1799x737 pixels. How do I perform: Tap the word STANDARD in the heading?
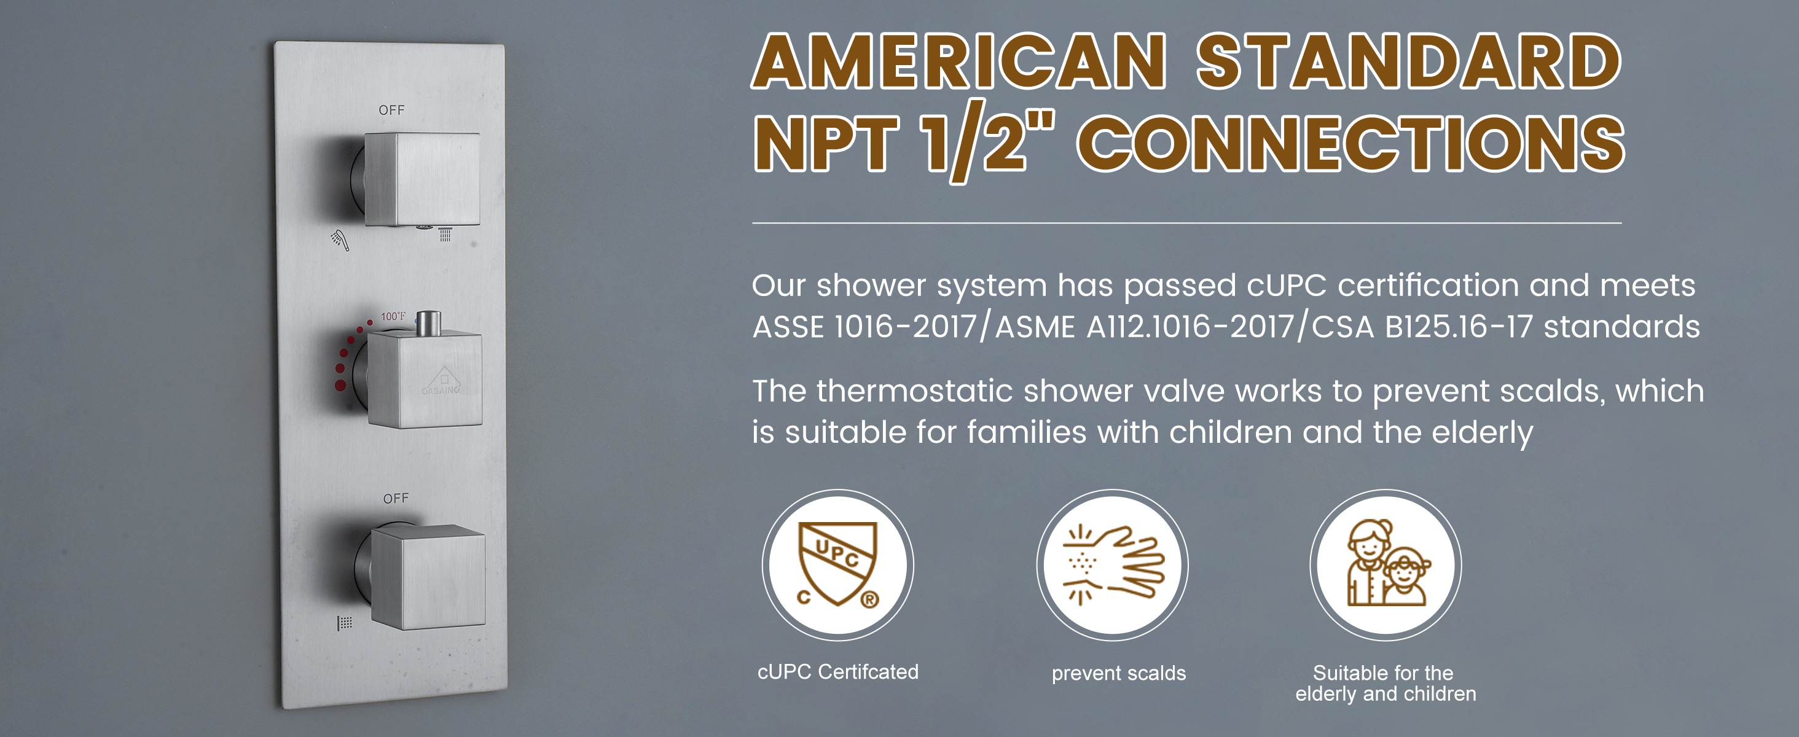[1409, 61]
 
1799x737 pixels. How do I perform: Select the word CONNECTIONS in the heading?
[1350, 142]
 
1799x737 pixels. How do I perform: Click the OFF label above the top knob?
[391, 111]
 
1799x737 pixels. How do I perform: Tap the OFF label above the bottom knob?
[395, 498]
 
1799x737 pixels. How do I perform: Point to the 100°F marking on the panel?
[393, 317]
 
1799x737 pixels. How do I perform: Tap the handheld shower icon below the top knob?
[339, 240]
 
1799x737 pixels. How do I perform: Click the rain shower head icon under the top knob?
[445, 234]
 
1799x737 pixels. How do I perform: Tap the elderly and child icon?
[1386, 563]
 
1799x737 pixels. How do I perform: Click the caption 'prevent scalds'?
[1119, 674]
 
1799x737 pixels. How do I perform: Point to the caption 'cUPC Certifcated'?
[838, 672]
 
